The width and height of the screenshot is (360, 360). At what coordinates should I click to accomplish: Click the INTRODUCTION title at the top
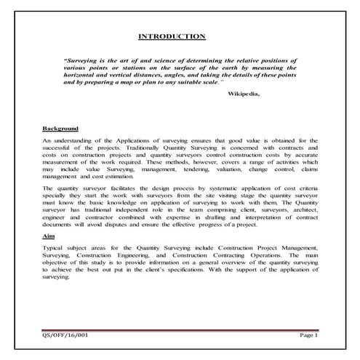[x=172, y=36]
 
